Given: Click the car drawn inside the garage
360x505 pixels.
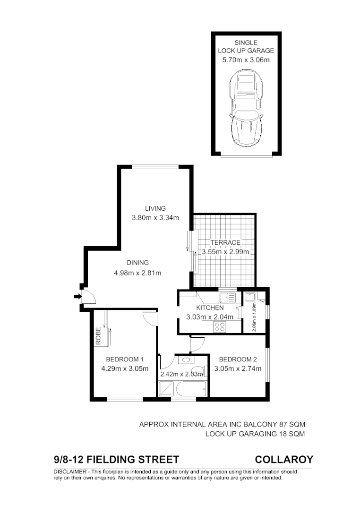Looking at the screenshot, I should tap(245, 109).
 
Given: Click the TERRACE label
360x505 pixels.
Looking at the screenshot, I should tap(225, 242).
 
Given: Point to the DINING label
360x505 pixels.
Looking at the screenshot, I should tap(137, 263).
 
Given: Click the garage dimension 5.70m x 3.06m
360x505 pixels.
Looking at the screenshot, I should tap(246, 60).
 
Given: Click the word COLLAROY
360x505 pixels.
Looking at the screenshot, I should tap(283, 459).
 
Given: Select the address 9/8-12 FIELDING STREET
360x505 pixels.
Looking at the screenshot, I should tap(117, 459).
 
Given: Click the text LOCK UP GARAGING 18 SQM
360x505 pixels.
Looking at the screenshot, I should tap(255, 434).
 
